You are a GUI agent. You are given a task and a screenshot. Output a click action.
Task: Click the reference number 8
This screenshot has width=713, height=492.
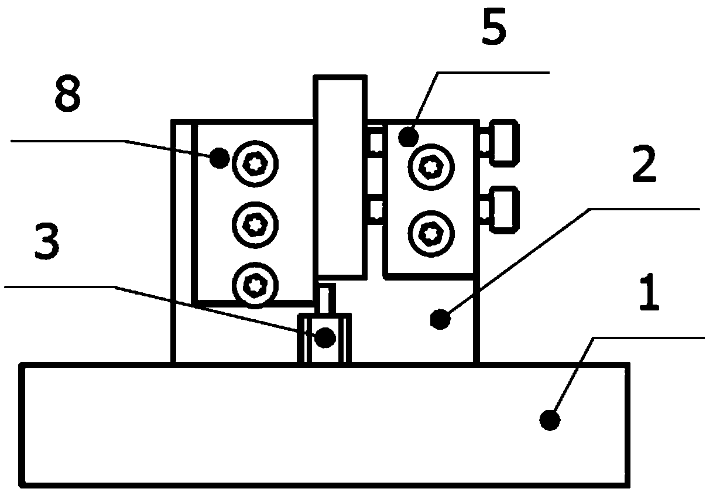[67, 93]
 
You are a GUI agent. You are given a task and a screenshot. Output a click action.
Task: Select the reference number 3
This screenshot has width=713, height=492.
[47, 241]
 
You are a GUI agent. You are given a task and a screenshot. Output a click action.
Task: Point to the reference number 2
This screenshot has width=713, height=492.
[644, 163]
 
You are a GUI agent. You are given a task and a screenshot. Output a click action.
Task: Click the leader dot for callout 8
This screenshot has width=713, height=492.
[220, 158]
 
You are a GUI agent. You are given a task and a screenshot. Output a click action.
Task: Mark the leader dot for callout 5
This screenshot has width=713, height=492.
[409, 136]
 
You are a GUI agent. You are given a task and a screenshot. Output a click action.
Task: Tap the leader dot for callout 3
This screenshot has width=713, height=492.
[325, 337]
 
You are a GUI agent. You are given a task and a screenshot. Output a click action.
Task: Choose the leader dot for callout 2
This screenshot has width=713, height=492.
[440, 319]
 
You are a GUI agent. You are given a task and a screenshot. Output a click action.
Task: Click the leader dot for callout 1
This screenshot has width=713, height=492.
[550, 421]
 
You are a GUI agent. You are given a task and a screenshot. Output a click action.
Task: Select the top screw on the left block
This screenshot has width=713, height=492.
[255, 163]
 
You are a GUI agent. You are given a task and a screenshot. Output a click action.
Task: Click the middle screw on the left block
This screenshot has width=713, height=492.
[255, 225]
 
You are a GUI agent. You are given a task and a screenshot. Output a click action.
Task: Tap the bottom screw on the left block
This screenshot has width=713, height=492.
[255, 285]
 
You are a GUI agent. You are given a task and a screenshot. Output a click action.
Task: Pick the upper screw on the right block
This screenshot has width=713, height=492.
[431, 167]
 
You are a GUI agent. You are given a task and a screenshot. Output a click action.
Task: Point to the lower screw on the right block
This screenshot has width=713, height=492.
[431, 234]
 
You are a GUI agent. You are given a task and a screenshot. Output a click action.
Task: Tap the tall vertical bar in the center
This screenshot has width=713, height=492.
[340, 177]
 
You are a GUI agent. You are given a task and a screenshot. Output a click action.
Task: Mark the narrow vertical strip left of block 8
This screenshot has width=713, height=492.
[184, 241]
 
